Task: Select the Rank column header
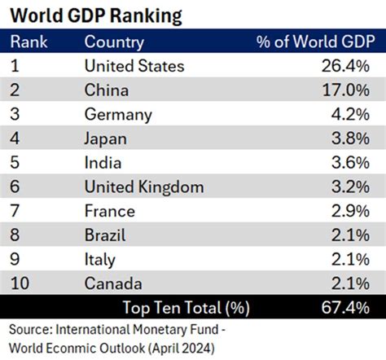pyautogui.click(x=29, y=42)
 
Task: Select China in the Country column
pyautogui.click(x=107, y=90)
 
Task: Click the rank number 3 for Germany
pyautogui.click(x=15, y=115)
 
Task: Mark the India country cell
pyautogui.click(x=103, y=163)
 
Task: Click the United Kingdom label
pyautogui.click(x=144, y=187)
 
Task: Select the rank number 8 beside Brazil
pyautogui.click(x=15, y=235)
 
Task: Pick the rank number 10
pyautogui.click(x=20, y=283)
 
